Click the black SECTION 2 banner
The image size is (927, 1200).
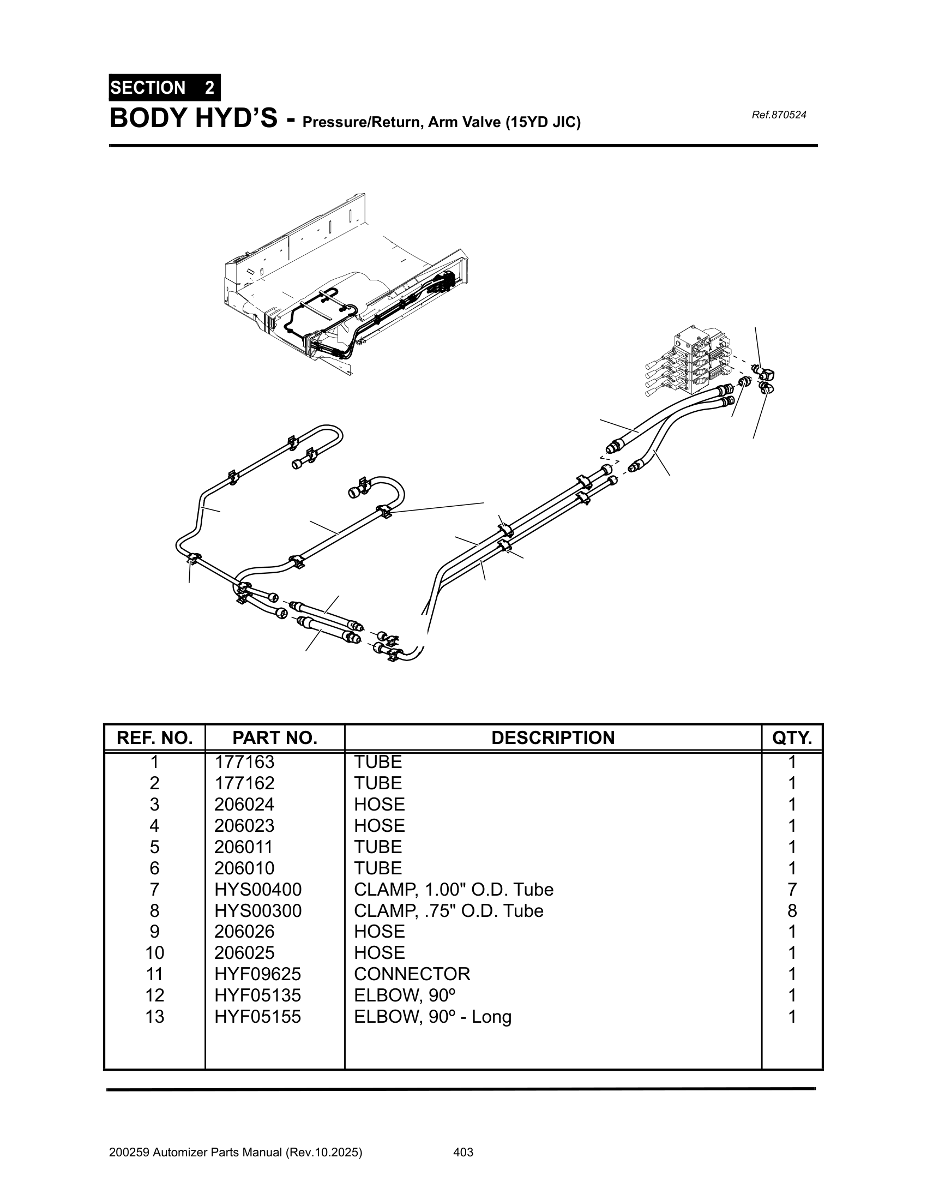pyautogui.click(x=164, y=88)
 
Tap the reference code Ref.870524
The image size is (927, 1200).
pyautogui.click(x=778, y=115)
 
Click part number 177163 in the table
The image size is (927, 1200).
pyautogui.click(x=244, y=762)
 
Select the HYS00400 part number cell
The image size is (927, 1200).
pyautogui.click(x=257, y=889)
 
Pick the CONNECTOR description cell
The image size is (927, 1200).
pyautogui.click(x=412, y=974)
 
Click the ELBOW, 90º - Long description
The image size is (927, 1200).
pyautogui.click(x=432, y=1017)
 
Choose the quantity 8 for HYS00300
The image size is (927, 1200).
pyautogui.click(x=791, y=910)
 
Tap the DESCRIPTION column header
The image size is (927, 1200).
pyautogui.click(x=552, y=737)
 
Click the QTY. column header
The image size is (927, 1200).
pyautogui.click(x=791, y=737)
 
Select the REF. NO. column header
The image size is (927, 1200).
pyautogui.click(x=154, y=737)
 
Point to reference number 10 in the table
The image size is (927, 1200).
pyautogui.click(x=154, y=952)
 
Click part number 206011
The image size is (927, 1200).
pyautogui.click(x=243, y=847)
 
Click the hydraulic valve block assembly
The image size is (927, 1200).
pyautogui.click(x=692, y=363)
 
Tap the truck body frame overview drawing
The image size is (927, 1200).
pyautogui.click(x=346, y=286)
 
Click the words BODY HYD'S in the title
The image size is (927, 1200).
pyautogui.click(x=194, y=119)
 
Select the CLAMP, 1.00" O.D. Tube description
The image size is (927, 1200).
pyautogui.click(x=453, y=889)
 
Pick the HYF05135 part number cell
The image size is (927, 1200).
pyautogui.click(x=257, y=995)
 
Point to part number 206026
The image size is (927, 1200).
pyautogui.click(x=244, y=931)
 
